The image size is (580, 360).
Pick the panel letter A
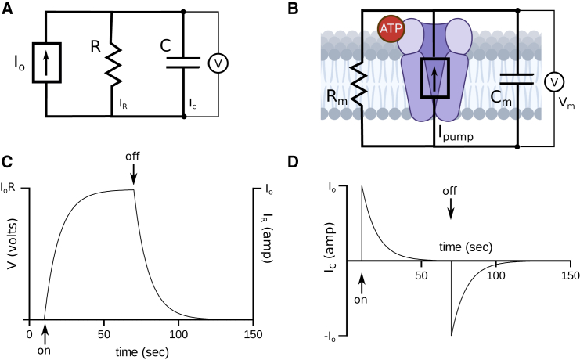coord(7,10)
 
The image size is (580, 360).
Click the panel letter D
coord(315,164)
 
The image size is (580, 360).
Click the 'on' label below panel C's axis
coord(45,350)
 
